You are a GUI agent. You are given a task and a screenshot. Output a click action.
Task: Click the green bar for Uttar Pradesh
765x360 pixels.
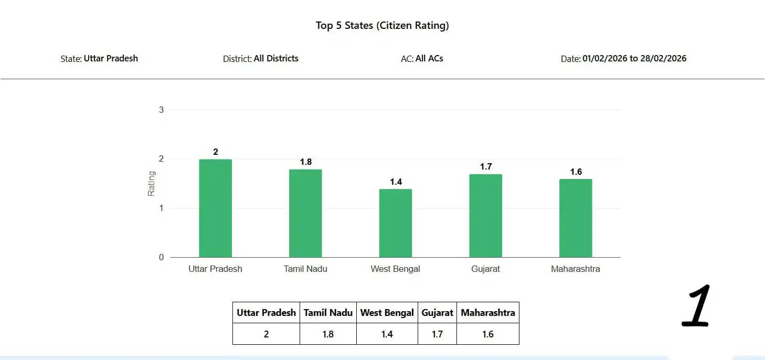pos(215,208)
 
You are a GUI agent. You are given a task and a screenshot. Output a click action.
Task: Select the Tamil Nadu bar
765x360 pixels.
pos(305,214)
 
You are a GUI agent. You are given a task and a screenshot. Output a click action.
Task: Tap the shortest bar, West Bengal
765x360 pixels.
pos(396,223)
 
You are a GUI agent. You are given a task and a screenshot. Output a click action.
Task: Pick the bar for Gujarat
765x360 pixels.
pos(486,216)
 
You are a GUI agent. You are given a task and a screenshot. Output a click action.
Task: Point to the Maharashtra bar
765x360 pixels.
pos(576,218)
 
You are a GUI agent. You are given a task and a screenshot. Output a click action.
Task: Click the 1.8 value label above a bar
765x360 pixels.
pos(306,162)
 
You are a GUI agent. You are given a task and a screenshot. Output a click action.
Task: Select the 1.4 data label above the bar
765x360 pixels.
pos(396,182)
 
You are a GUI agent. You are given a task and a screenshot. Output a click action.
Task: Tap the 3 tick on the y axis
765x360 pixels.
pos(162,110)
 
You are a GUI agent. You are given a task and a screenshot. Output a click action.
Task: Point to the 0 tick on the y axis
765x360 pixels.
pos(162,258)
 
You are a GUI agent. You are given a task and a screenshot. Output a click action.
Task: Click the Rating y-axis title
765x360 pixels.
pos(152,184)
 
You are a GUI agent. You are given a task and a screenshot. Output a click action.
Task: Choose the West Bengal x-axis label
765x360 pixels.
pos(396,269)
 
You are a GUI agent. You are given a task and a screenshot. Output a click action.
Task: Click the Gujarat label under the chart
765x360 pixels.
pos(485,269)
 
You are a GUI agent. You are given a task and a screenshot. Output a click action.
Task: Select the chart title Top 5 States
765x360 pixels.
pos(382,25)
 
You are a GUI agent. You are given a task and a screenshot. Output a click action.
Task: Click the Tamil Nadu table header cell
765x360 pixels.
pos(328,313)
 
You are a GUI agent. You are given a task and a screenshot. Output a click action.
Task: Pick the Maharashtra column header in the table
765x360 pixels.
pos(488,313)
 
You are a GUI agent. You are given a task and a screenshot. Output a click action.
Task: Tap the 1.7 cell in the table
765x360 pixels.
pos(437,334)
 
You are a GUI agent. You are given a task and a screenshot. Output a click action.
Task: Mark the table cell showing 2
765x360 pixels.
pos(266,334)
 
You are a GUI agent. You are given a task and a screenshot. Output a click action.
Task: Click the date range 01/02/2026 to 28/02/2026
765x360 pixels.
pos(634,58)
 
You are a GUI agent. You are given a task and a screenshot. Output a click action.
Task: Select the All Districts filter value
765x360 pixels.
pos(276,58)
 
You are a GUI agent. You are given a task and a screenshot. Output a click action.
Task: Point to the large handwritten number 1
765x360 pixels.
pos(697,306)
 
